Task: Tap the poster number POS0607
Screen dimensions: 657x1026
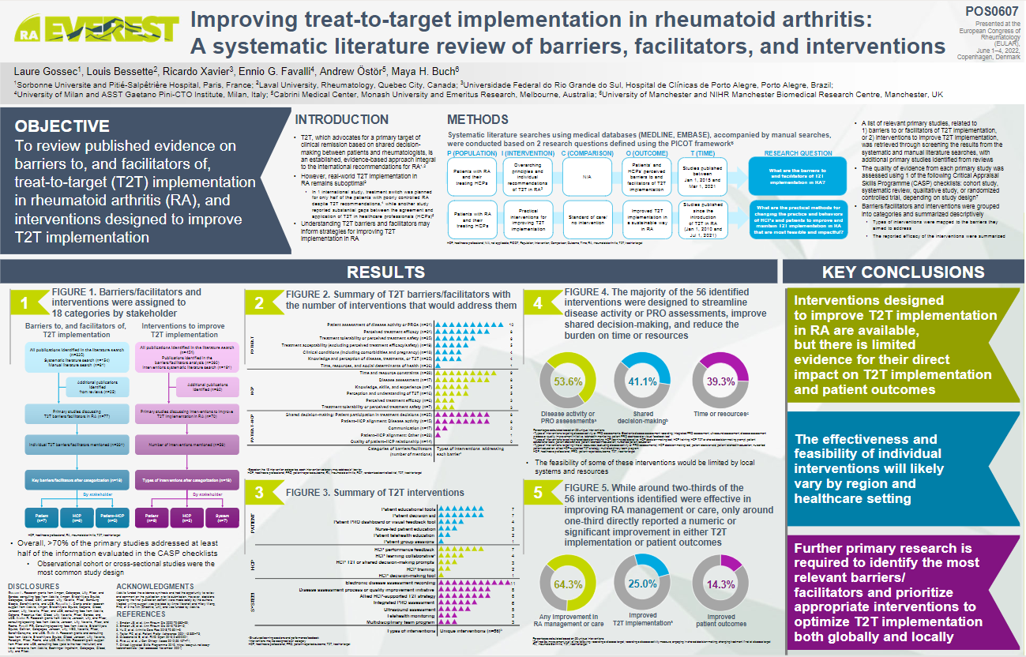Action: click(990, 12)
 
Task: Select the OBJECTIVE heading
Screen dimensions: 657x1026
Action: click(62, 126)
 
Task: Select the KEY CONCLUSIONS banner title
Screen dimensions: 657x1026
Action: click(904, 272)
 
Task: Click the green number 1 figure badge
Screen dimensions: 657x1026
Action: click(24, 302)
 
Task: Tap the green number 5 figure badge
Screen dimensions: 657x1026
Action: click(538, 494)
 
